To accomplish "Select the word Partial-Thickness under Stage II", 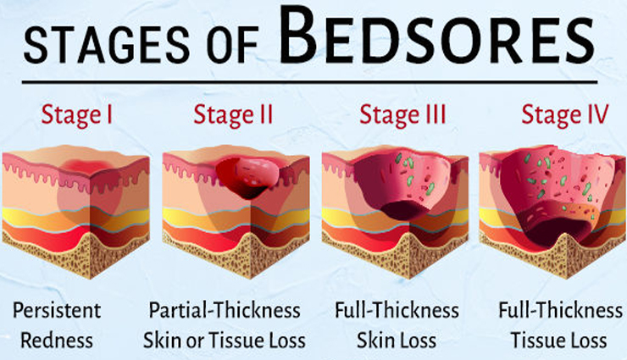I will [225, 310].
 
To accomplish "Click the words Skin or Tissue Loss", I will [225, 341].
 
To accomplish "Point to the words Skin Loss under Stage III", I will [396, 341].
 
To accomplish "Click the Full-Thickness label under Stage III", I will [396, 310].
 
